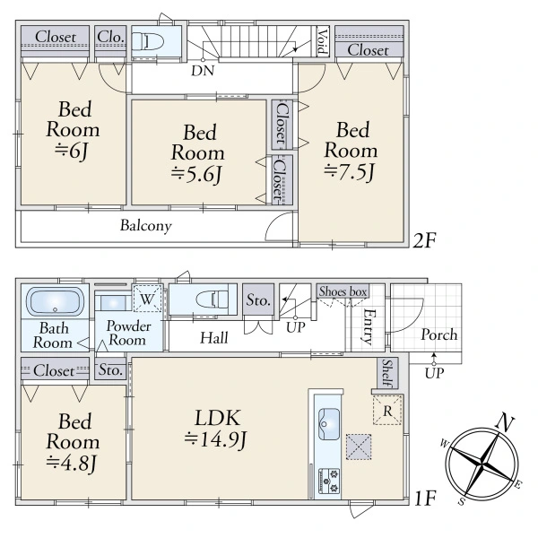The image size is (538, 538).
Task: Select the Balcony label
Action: tap(145, 226)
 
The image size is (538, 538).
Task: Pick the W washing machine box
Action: tap(145, 298)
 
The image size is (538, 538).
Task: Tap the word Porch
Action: tap(438, 334)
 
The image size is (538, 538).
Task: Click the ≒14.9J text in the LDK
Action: tap(215, 438)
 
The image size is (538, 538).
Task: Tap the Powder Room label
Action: tap(126, 334)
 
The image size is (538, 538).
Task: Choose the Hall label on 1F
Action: tap(213, 337)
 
